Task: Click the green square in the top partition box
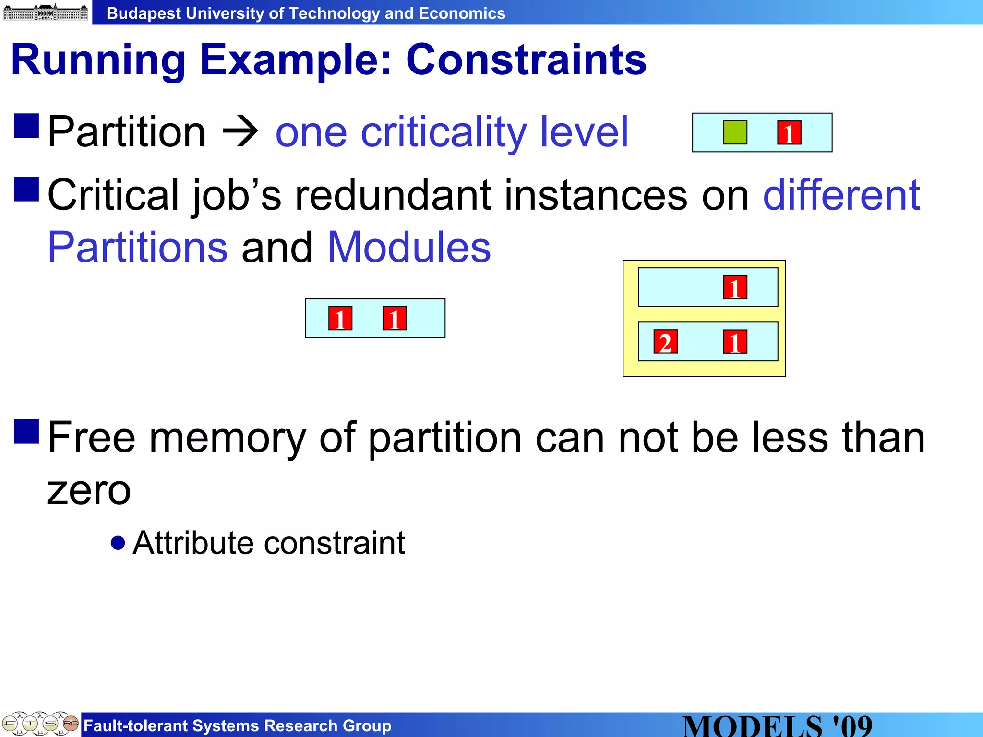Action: [x=735, y=132]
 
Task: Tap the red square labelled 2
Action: [x=665, y=342]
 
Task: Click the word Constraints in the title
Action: [x=526, y=60]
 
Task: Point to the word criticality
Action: [x=444, y=132]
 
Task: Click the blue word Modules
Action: [x=409, y=248]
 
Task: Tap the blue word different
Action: [x=841, y=195]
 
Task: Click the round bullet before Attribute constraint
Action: [x=118, y=543]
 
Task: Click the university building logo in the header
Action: [x=46, y=12]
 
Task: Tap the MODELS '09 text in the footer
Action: [x=777, y=725]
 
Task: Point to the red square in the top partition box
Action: [x=789, y=132]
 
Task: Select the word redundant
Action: [x=393, y=195]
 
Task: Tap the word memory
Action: [x=227, y=438]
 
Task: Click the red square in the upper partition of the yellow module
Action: [x=735, y=287]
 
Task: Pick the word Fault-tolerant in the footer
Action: [x=135, y=725]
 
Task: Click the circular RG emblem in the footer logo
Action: [x=71, y=723]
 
